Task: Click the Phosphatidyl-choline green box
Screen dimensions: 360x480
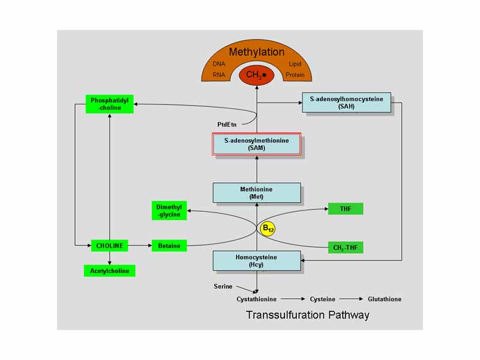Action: [x=110, y=104]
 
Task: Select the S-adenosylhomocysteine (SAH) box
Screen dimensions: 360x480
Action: [x=347, y=102]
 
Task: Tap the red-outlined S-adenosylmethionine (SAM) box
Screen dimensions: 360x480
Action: [x=257, y=144]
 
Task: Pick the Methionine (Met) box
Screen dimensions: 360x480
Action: [x=257, y=193]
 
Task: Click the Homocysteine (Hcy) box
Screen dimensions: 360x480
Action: [x=257, y=260]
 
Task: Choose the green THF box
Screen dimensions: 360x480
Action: [x=345, y=209]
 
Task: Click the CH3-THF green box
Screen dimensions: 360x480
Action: [x=345, y=247]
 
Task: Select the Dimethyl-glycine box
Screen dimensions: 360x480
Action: [x=169, y=211]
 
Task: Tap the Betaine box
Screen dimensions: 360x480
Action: [x=169, y=245]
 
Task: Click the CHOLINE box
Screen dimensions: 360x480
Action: [x=109, y=245]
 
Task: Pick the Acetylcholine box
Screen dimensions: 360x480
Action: [x=109, y=271]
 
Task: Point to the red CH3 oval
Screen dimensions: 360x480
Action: [x=257, y=75]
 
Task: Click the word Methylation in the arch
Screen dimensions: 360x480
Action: [x=257, y=52]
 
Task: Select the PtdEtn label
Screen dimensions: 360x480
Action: [x=227, y=124]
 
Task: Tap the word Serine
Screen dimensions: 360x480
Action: [x=224, y=286]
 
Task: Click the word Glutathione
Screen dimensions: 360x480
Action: [x=384, y=299]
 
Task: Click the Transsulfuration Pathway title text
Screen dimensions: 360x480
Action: [x=307, y=314]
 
